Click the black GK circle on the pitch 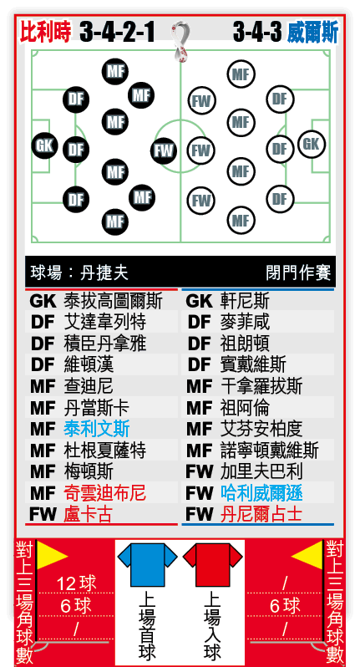coord(44,145)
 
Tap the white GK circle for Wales coord(311,144)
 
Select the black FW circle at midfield coord(164,150)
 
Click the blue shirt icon coord(147,564)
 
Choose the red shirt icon coord(212,564)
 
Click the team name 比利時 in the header coord(45,32)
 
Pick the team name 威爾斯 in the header coord(312,33)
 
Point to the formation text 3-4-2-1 coord(117,33)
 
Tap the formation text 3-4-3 coord(257,33)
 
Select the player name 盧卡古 coord(88,514)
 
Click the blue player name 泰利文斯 coord(97,429)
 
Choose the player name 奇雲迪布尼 coord(104,492)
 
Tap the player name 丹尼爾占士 coord(261,514)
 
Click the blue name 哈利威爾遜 coord(261,492)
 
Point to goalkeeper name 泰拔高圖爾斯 coord(113,301)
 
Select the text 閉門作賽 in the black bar coord(298,272)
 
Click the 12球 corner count coord(77,583)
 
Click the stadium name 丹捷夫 coord(104,272)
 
